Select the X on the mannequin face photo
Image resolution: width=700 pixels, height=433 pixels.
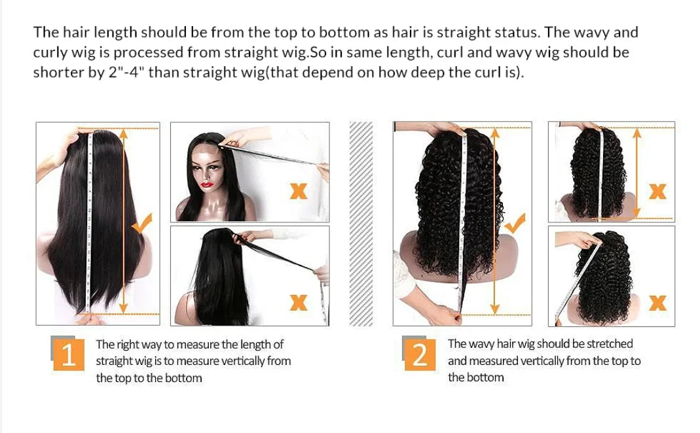point(298,191)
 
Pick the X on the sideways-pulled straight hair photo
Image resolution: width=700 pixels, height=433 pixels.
point(298,302)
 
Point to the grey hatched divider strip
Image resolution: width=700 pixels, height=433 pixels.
point(361,223)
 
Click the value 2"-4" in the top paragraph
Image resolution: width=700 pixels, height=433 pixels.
point(126,72)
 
